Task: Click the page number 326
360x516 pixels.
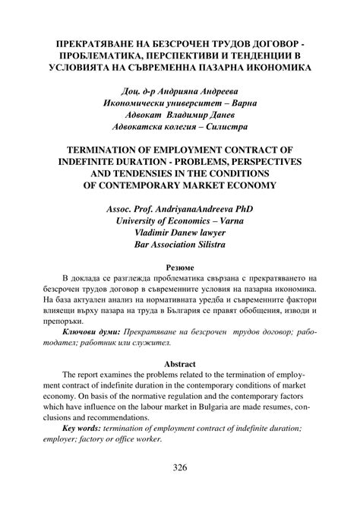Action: click(x=179, y=467)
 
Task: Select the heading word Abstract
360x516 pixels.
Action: click(x=180, y=362)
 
